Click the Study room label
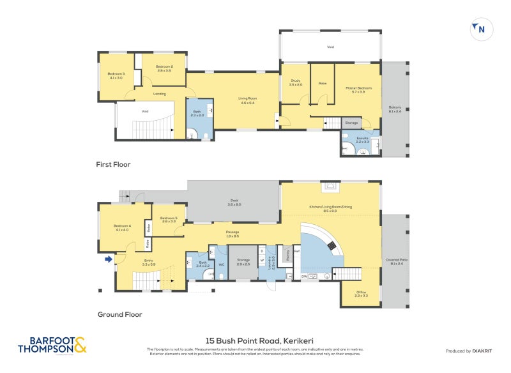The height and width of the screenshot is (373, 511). tap(295, 82)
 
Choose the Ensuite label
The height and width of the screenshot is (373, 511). tap(362, 139)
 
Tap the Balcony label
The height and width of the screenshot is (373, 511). tap(395, 109)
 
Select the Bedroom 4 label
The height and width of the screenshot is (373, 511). tap(122, 227)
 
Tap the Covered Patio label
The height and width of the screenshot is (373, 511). tap(394, 262)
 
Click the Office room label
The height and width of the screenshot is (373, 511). tap(362, 294)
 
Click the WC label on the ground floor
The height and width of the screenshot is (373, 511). tap(222, 264)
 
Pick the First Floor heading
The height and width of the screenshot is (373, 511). tap(113, 165)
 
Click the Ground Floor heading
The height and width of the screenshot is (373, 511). tap(119, 314)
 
